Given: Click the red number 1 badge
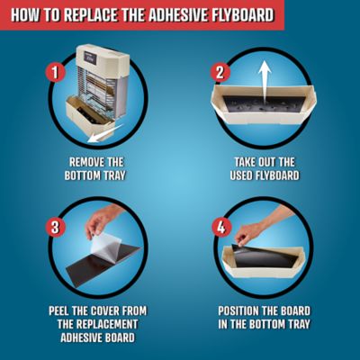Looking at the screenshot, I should pos(55,70).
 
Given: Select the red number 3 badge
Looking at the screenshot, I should pos(55,227).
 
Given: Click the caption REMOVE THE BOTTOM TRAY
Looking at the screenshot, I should pos(96,169).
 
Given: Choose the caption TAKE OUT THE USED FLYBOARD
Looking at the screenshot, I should pos(262,169).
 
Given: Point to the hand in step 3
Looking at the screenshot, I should pos(105,220).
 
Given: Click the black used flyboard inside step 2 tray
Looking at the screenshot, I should pos(261,112).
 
